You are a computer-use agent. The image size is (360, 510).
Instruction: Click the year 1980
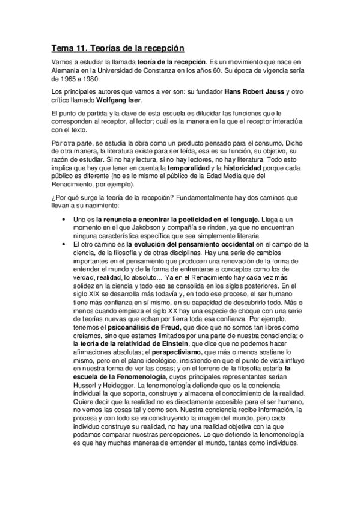tap(93, 79)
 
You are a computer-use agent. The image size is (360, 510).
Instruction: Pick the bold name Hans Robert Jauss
tap(254, 91)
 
